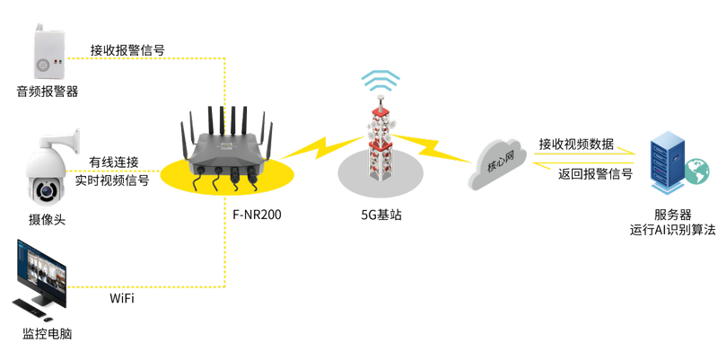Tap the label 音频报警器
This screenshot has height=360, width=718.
click(48, 92)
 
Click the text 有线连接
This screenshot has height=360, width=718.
click(114, 162)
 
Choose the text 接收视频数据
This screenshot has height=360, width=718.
click(575, 144)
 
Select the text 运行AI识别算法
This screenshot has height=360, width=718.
click(672, 230)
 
